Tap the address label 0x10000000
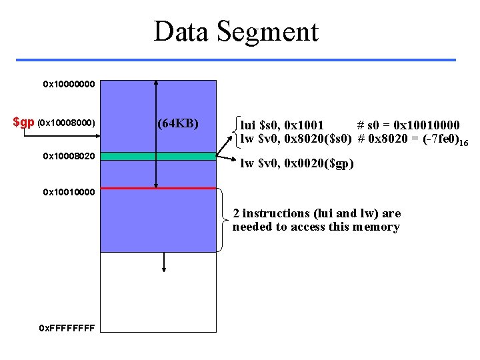(x=69, y=85)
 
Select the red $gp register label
(x=24, y=123)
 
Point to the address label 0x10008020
(x=69, y=156)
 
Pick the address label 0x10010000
(x=69, y=193)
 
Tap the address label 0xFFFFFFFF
(x=67, y=329)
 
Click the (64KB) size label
(x=178, y=123)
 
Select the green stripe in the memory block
(x=158, y=156)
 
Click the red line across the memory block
(x=158, y=189)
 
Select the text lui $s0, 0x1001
(x=282, y=125)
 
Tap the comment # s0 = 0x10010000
(x=407, y=125)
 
